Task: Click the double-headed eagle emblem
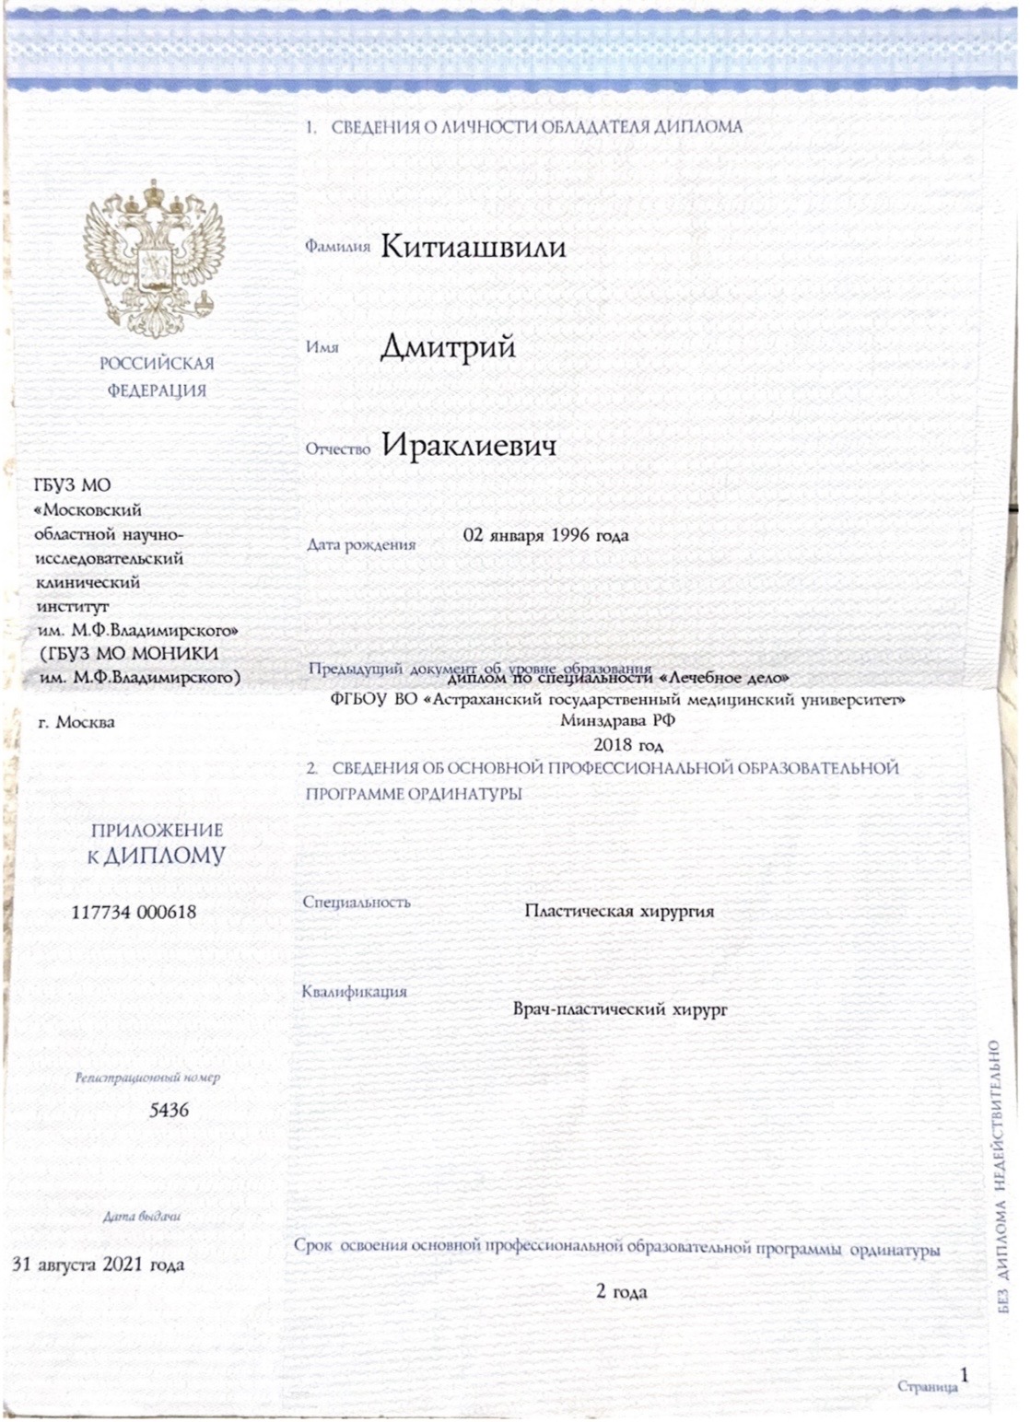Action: pyautogui.click(x=155, y=261)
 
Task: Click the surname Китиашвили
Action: pyautogui.click(x=473, y=247)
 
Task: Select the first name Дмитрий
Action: pyautogui.click(x=448, y=347)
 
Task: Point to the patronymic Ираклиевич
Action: pyautogui.click(x=469, y=447)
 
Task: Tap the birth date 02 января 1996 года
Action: pyautogui.click(x=545, y=535)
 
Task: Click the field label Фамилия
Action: pyautogui.click(x=337, y=247)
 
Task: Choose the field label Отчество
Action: pyautogui.click(x=337, y=449)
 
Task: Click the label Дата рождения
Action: pyautogui.click(x=361, y=544)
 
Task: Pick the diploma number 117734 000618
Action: pyautogui.click(x=134, y=913)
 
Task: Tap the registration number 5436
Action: pyautogui.click(x=169, y=1110)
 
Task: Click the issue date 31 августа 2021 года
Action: pyautogui.click(x=98, y=1265)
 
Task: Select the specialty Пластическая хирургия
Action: pyautogui.click(x=619, y=912)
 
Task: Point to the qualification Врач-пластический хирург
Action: pyautogui.click(x=620, y=1009)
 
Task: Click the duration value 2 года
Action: pyautogui.click(x=621, y=1292)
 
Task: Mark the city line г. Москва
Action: pyautogui.click(x=76, y=722)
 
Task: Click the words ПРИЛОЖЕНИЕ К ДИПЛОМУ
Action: pyautogui.click(x=157, y=844)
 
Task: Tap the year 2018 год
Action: pyautogui.click(x=627, y=745)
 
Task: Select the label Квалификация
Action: pyautogui.click(x=354, y=992)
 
